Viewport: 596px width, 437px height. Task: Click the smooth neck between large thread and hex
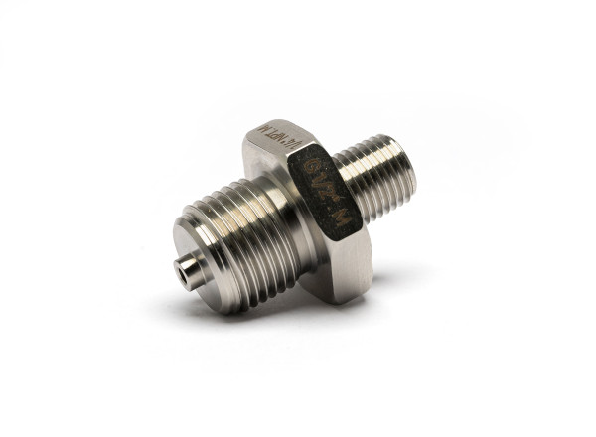[x=287, y=214]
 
